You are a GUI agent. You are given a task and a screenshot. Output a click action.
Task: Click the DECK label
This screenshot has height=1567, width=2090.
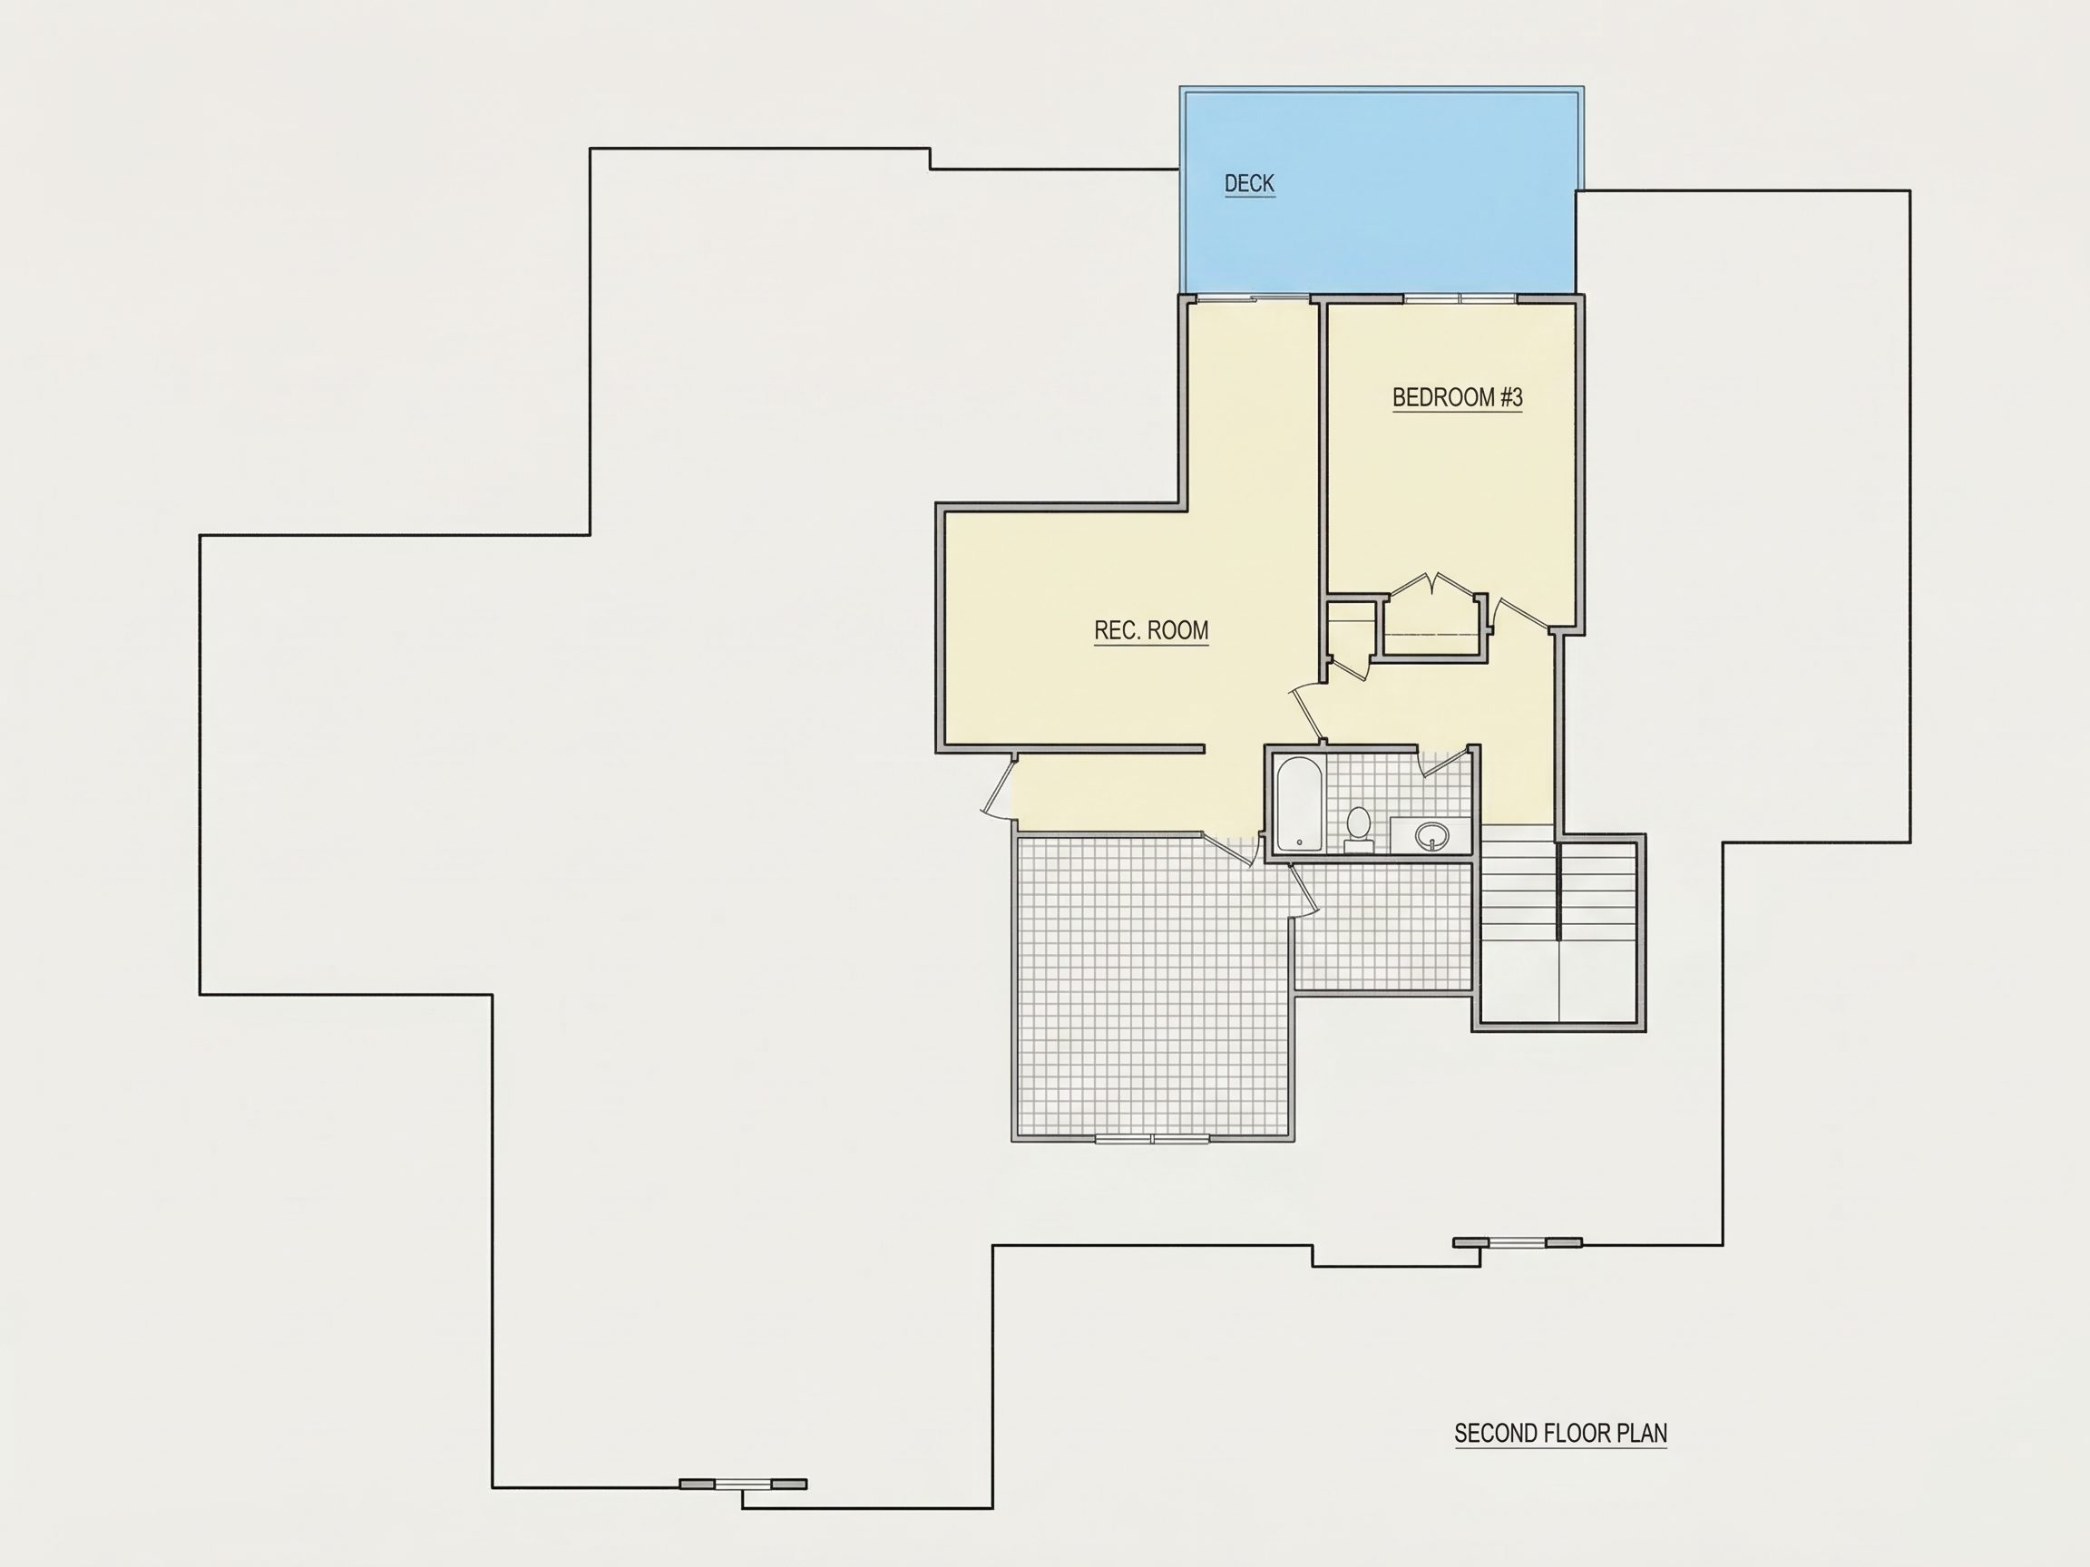pyautogui.click(x=1249, y=183)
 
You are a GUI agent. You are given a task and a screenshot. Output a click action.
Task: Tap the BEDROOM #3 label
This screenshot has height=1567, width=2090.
pyautogui.click(x=1457, y=398)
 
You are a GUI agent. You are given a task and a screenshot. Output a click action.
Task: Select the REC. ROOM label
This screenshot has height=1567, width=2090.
pyautogui.click(x=1151, y=630)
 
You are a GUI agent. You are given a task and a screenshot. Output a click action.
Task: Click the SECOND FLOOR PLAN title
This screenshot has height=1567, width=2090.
pyautogui.click(x=1560, y=1433)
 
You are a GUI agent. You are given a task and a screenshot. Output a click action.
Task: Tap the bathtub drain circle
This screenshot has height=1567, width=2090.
pyautogui.click(x=1299, y=842)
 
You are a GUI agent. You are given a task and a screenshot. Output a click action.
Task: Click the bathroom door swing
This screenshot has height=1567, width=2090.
pyautogui.click(x=1446, y=763)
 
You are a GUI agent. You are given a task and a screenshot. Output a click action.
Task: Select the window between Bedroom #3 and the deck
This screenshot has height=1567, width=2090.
pyautogui.click(x=1460, y=298)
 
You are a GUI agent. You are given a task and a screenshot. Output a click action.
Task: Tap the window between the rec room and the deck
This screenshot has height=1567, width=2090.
pyautogui.click(x=1252, y=298)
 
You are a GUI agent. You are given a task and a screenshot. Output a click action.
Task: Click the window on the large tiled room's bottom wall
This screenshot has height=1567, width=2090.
pyautogui.click(x=1153, y=1139)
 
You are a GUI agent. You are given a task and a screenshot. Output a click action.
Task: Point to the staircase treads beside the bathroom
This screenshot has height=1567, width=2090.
pyautogui.click(x=1558, y=892)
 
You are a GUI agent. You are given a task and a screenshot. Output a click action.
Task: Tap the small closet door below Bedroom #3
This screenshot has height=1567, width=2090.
pyautogui.click(x=1349, y=667)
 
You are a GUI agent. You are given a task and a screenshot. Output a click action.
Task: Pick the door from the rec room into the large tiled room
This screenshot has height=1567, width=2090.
pyautogui.click(x=1228, y=849)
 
